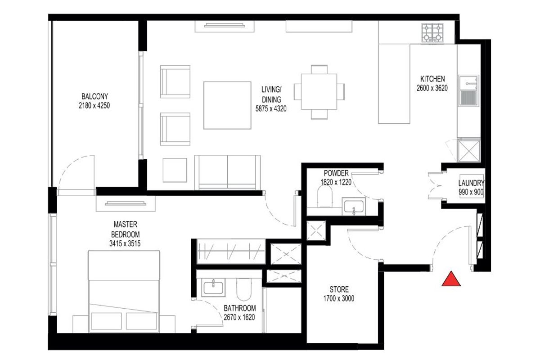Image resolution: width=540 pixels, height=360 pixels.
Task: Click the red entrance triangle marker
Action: click(451, 279)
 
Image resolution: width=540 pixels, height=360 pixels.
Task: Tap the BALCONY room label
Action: click(94, 96)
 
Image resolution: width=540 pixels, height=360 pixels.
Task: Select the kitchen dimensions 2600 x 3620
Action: click(432, 88)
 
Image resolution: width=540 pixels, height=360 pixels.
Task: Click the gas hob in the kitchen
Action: click(432, 33)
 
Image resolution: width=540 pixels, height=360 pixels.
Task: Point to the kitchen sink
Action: click(468, 90)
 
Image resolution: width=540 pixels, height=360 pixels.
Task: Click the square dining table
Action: click(319, 92)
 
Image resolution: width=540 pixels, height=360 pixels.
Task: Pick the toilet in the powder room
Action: click(325, 196)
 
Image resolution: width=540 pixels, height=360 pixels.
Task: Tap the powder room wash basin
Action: click(354, 207)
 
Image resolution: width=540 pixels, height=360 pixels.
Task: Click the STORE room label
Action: click(339, 289)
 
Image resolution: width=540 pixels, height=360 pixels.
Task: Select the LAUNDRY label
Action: click(471, 183)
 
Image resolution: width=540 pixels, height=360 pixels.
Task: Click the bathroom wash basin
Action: click(213, 288)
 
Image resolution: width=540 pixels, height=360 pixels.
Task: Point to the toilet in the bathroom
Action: click(244, 289)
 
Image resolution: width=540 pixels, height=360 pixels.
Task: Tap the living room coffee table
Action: click(227, 105)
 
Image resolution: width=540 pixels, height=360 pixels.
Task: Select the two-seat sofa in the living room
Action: click(227, 172)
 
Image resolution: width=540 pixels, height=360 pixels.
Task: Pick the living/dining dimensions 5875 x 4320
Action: click(271, 109)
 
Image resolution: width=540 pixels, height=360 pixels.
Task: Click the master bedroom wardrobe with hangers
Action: click(231, 252)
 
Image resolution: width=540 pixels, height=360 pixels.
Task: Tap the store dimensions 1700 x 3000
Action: click(339, 298)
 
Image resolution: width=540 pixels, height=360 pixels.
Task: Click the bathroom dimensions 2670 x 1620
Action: click(239, 317)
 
